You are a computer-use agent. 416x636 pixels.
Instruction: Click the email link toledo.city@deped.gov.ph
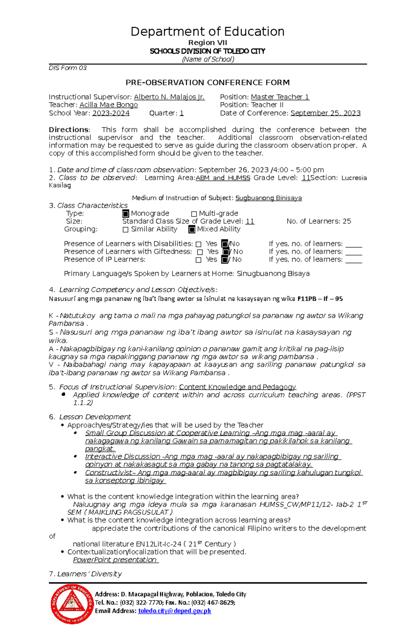click(174, 611)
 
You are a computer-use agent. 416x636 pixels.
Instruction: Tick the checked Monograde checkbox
click(126, 214)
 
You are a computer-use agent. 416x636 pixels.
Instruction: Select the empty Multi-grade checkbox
click(194, 214)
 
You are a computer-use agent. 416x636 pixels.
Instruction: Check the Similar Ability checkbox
click(125, 229)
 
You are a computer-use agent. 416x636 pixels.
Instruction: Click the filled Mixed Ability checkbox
click(192, 229)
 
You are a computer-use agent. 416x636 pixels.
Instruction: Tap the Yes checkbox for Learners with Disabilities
click(198, 244)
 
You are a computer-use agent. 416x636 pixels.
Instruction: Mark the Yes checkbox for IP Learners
click(198, 260)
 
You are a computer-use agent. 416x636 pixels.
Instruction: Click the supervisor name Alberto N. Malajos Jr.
click(169, 97)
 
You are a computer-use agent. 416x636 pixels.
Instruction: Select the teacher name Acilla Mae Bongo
click(109, 105)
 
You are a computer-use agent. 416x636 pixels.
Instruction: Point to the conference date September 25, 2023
click(325, 113)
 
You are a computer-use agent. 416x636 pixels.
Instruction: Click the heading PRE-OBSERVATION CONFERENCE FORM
click(207, 82)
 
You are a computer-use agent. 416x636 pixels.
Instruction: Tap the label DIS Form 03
click(68, 68)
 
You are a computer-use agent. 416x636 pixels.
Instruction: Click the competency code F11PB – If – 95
click(320, 299)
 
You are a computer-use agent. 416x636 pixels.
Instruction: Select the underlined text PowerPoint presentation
click(115, 560)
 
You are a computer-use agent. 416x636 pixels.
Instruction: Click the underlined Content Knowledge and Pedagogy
click(237, 387)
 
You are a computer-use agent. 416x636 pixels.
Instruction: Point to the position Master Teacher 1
click(280, 97)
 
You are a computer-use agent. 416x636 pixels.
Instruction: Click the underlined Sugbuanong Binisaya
click(268, 198)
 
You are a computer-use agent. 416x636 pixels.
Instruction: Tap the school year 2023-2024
click(111, 113)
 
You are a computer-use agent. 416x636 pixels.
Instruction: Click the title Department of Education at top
click(207, 32)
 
